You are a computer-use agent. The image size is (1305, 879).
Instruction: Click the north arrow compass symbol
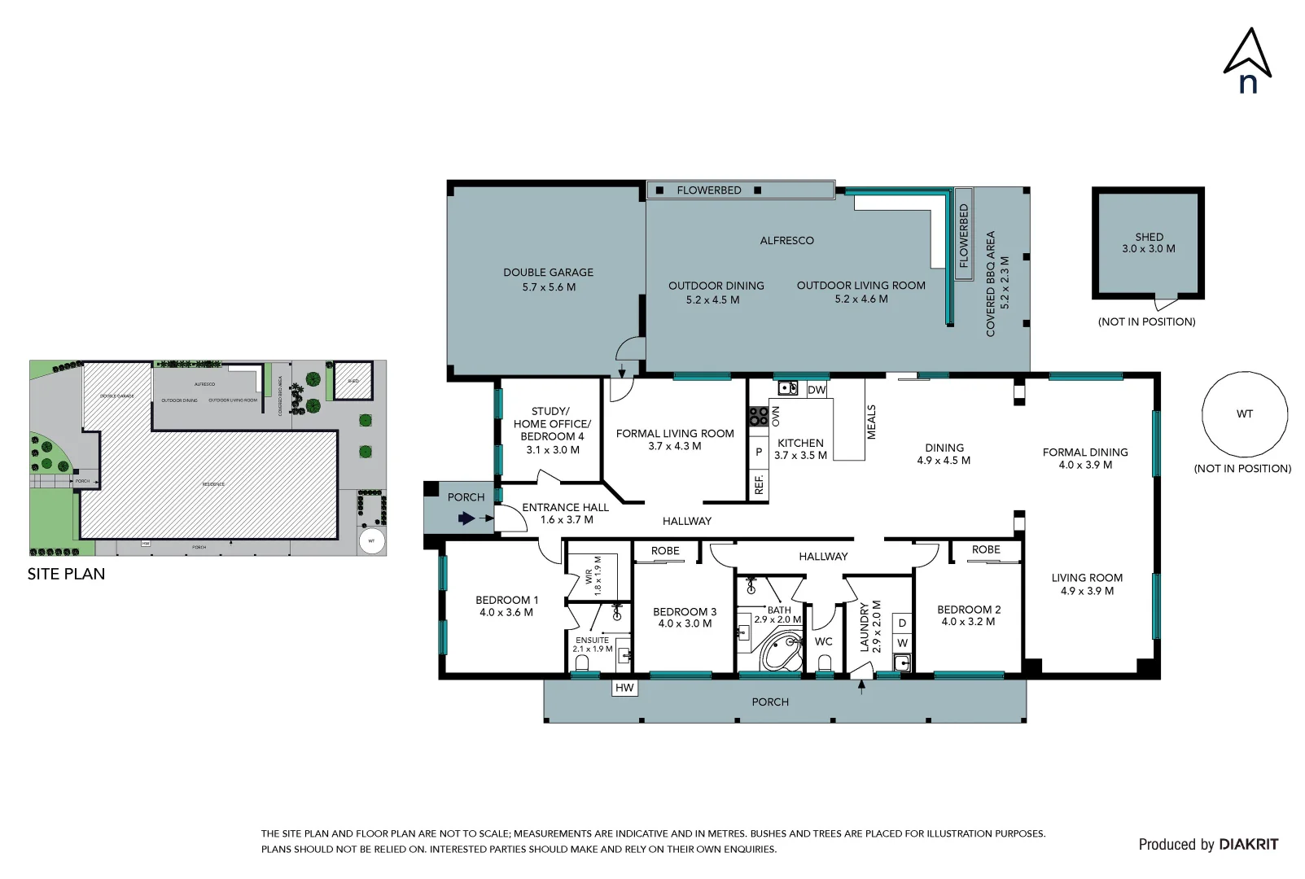pyautogui.click(x=1247, y=57)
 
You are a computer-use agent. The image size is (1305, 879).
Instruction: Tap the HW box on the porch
pyautogui.click(x=624, y=688)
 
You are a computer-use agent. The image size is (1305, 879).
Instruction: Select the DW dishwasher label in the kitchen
pyautogui.click(x=817, y=390)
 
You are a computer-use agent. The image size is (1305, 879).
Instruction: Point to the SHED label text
pyautogui.click(x=1149, y=237)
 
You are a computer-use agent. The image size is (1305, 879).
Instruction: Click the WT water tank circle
pyautogui.click(x=1244, y=414)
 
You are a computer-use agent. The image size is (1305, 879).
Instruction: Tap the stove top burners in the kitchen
pyautogui.click(x=758, y=417)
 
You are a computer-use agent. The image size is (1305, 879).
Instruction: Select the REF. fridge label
pyautogui.click(x=759, y=485)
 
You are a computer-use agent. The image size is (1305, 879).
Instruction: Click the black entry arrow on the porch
pyautogui.click(x=466, y=518)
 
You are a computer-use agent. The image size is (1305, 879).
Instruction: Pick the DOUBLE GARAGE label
pyautogui.click(x=548, y=273)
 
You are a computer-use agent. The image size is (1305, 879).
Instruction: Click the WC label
pyautogui.click(x=823, y=641)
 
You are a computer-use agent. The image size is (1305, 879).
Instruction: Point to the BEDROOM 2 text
pyautogui.click(x=968, y=610)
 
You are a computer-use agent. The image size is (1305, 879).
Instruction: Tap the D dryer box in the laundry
pyautogui.click(x=902, y=623)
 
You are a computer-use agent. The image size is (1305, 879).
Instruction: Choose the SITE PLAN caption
pyautogui.click(x=66, y=574)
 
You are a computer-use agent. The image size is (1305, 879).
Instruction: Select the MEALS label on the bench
pyautogui.click(x=871, y=422)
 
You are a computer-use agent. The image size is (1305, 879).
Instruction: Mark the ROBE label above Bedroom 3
pyautogui.click(x=665, y=551)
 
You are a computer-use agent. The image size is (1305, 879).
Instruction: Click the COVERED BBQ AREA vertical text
pyautogui.click(x=991, y=283)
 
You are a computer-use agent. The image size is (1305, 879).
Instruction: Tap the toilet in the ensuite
pyautogui.click(x=581, y=663)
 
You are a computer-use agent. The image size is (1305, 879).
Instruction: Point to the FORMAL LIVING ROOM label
pyautogui.click(x=675, y=434)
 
